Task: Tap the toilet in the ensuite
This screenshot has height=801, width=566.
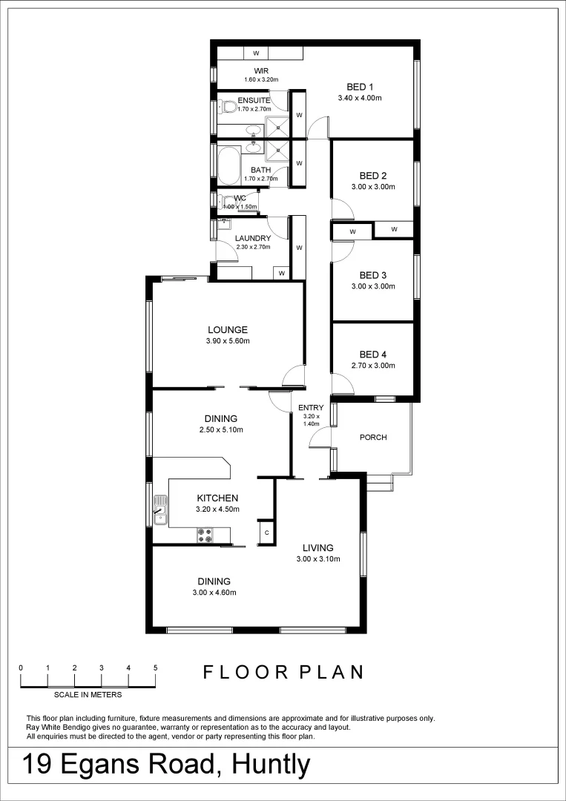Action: coord(228,108)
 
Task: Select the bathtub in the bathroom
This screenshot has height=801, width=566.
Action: coord(228,165)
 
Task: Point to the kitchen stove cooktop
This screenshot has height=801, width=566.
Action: coord(205,534)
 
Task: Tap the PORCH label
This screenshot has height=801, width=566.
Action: coord(373,437)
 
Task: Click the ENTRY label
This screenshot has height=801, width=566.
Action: coord(311,408)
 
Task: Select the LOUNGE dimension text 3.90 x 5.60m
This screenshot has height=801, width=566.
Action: coord(228,341)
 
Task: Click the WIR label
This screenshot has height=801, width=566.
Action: coord(251,71)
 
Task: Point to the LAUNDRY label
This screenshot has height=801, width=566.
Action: coord(252,238)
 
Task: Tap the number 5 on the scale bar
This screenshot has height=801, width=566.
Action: coord(155,668)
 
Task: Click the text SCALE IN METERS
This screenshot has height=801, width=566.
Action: coord(88,695)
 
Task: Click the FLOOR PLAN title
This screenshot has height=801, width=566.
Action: coord(284,672)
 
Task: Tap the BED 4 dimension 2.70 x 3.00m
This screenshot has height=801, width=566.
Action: coord(373,366)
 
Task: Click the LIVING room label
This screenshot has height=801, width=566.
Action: coord(317,548)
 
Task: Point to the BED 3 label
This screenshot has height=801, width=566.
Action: coord(373,275)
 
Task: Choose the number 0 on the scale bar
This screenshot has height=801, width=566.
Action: coord(21,668)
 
